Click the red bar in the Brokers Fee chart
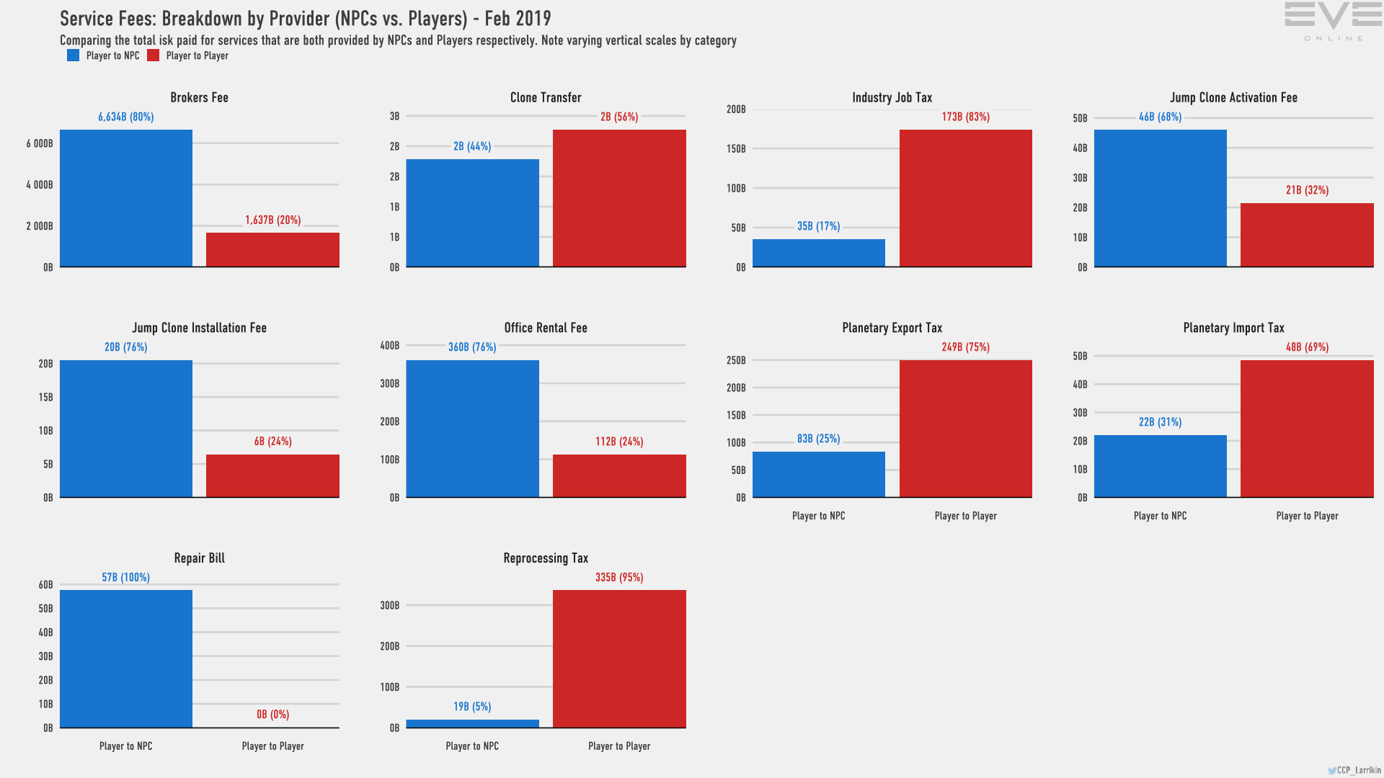(272, 249)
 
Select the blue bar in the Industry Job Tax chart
(818, 253)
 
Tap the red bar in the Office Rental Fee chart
(619, 475)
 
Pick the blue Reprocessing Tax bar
(472, 723)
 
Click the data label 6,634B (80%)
(126, 117)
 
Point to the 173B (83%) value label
(965, 117)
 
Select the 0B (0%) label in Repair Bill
(272, 715)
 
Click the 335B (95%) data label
(619, 577)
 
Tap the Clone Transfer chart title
(546, 97)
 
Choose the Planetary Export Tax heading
(892, 328)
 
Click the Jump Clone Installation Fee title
(199, 328)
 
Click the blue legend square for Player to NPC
(74, 55)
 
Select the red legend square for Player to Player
(154, 55)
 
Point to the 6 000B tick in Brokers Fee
(40, 143)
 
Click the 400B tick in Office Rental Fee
(389, 346)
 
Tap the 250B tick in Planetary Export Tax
(736, 360)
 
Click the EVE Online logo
(1333, 22)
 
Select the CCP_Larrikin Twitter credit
(1355, 770)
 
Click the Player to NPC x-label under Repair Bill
(126, 746)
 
